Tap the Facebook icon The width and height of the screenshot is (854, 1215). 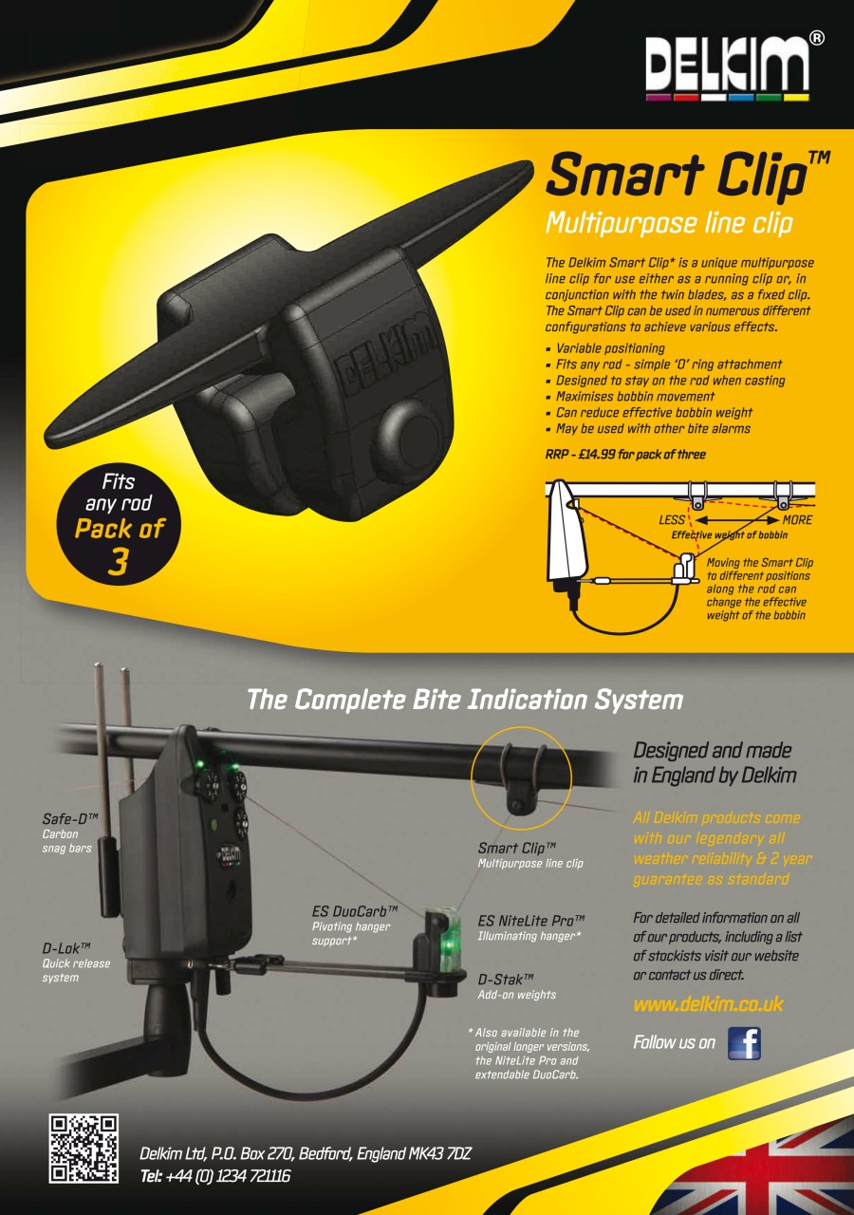(744, 1043)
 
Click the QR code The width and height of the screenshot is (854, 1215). (84, 1149)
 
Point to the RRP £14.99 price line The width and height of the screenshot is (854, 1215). (625, 455)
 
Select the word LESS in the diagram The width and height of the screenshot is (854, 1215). (672, 519)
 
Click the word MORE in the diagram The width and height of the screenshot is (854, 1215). (797, 519)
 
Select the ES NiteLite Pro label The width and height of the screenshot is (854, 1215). (531, 928)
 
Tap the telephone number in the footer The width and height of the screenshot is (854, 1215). (215, 1176)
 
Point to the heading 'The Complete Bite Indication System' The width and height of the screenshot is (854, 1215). (465, 701)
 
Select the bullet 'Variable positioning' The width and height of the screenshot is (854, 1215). (605, 348)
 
